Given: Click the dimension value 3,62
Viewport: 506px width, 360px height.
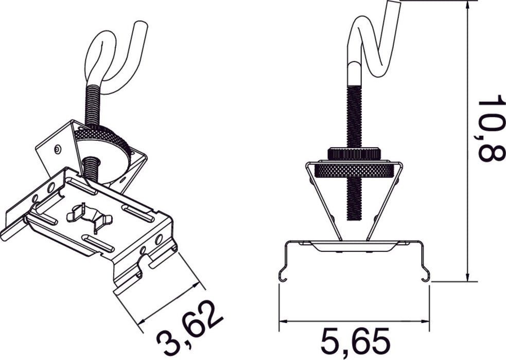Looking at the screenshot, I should click(x=189, y=330).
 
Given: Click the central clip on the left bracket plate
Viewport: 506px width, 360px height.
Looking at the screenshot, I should click(x=91, y=218).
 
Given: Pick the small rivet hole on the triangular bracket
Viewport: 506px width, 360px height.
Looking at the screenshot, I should click(x=58, y=149).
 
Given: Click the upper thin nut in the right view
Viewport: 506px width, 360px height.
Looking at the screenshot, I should click(x=354, y=153).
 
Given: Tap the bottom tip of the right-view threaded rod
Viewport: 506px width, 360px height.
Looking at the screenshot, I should click(x=354, y=218).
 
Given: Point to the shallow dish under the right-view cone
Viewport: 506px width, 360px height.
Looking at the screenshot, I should click(x=354, y=246).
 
